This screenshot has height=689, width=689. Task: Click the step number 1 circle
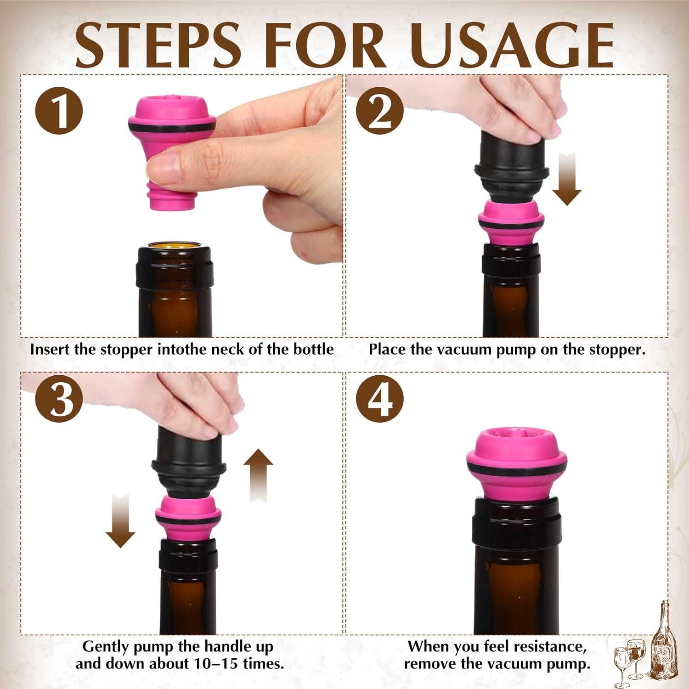click(x=59, y=111)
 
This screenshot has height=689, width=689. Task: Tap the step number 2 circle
click(x=380, y=111)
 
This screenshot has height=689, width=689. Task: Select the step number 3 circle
click(x=59, y=398)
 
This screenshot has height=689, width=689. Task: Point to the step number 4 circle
click(x=380, y=398)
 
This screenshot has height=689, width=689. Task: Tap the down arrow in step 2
click(x=567, y=179)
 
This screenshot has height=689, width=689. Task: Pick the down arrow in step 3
click(x=120, y=521)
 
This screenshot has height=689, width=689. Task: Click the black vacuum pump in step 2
click(x=512, y=165)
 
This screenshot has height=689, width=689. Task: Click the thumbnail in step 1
click(x=164, y=168)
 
